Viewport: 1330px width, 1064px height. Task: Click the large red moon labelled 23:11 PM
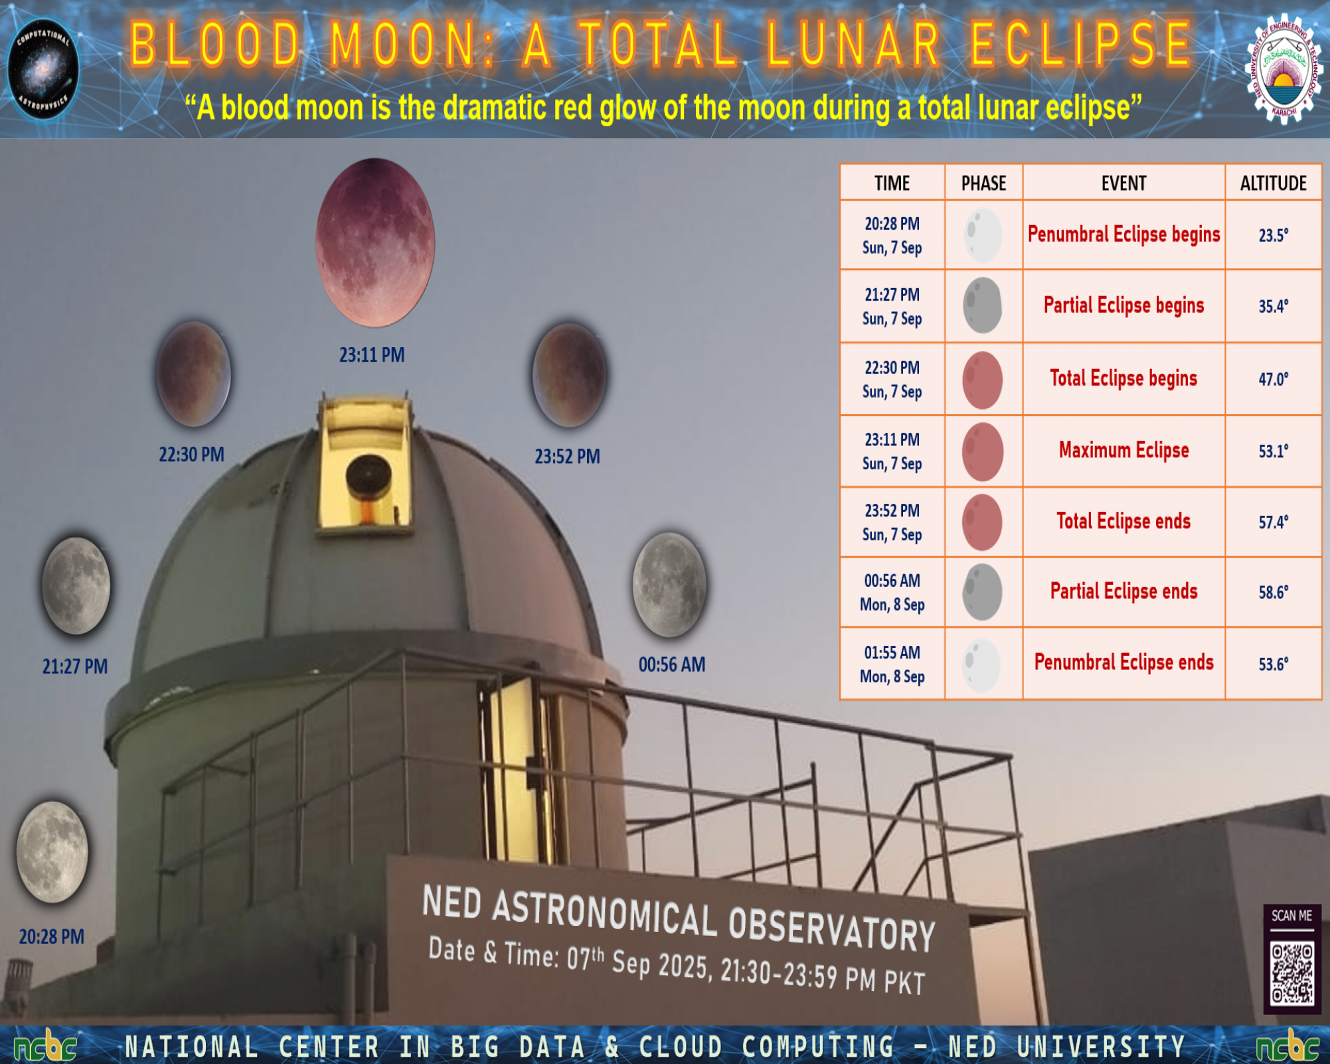coord(375,242)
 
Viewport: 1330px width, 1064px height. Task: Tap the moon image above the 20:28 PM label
coord(52,852)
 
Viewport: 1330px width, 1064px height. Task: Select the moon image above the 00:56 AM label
coord(669,584)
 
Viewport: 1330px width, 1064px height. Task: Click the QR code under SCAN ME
coord(1291,974)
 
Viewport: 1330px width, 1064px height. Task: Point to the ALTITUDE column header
coord(1273,183)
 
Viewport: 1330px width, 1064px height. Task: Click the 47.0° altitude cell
coord(1273,379)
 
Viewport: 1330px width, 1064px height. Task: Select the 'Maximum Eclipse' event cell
coord(1123,450)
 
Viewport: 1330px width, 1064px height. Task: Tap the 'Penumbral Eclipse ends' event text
coord(1123,662)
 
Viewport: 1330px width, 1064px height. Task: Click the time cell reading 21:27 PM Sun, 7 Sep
coord(892,306)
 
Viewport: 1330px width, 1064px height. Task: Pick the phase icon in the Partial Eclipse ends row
coord(982,591)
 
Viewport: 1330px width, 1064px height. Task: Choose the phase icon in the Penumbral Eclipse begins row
coord(982,235)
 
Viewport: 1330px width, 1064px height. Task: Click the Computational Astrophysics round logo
coord(43,69)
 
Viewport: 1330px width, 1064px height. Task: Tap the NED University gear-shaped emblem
coord(1283,69)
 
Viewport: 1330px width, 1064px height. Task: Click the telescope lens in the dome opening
coord(369,475)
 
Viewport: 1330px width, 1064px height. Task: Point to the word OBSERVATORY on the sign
coord(831,928)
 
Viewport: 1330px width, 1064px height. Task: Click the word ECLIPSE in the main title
coord(1080,45)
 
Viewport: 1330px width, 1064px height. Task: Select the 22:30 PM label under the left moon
coord(191,455)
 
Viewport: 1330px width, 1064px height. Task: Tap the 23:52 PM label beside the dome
coord(567,457)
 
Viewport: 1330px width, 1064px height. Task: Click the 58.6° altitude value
coord(1273,592)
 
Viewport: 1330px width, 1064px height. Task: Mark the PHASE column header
coord(983,183)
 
